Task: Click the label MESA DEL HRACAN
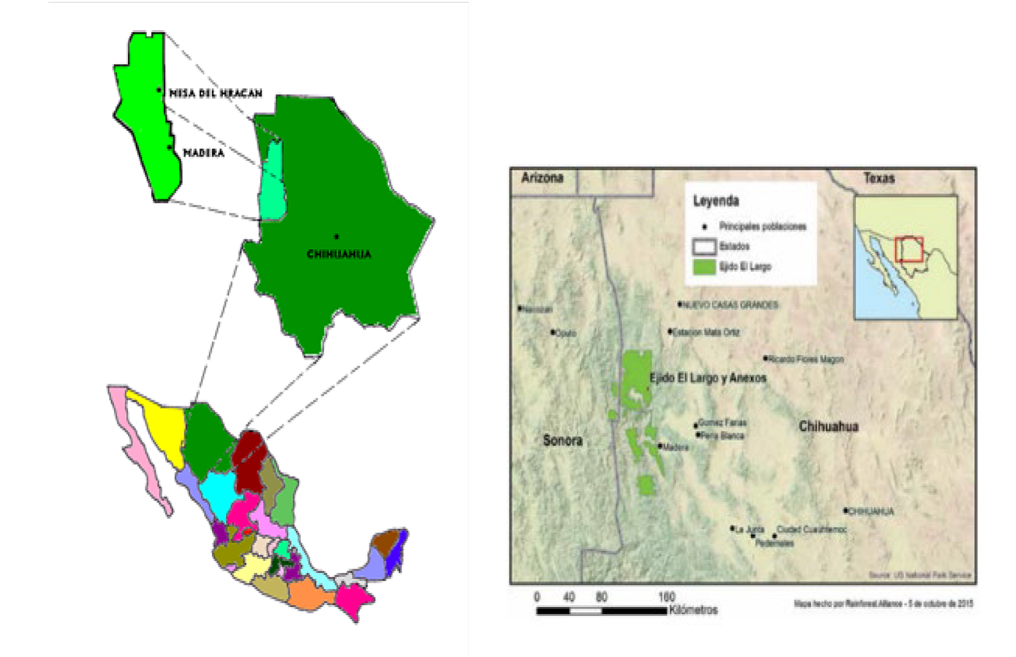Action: click(216, 93)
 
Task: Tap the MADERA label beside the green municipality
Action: click(204, 153)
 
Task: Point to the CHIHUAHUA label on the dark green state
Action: click(339, 254)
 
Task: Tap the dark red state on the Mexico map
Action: click(250, 458)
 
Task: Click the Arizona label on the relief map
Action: click(542, 177)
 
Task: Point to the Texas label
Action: click(878, 178)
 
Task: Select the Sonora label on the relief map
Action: click(562, 441)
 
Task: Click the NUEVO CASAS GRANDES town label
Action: click(730, 305)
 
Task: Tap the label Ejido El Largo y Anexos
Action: click(707, 378)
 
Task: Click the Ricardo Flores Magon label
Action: click(805, 360)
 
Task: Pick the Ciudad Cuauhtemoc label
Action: click(811, 530)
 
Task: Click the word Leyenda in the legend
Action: click(716, 201)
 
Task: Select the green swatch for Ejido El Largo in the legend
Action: click(704, 266)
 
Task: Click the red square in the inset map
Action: click(908, 250)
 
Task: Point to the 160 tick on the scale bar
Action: click(666, 597)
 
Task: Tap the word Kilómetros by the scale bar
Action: click(693, 610)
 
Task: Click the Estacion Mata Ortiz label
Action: click(706, 332)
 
